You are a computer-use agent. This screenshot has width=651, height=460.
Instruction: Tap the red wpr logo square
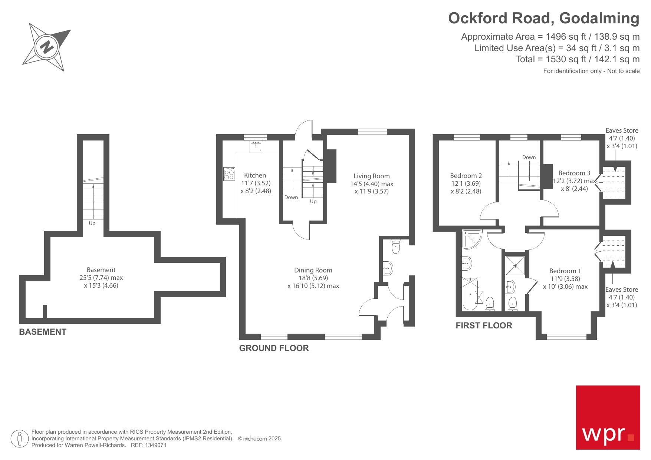[x=608, y=417]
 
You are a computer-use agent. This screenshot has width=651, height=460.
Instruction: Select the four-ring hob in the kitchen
[x=229, y=174]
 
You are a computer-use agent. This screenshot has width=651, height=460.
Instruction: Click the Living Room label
[x=371, y=176]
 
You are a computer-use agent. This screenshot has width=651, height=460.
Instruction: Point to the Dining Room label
[x=313, y=270]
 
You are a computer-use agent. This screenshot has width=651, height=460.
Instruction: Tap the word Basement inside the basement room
[x=101, y=270]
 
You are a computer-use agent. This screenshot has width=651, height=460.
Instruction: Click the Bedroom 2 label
[x=466, y=176]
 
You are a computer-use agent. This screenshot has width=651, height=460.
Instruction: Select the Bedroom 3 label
[x=574, y=173]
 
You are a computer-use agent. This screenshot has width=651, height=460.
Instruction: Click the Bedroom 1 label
[x=565, y=271]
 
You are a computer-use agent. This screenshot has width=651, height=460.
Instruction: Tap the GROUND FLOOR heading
[x=274, y=348]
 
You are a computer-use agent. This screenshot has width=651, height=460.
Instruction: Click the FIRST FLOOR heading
[x=484, y=325]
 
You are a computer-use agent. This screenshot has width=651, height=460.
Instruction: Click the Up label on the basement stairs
[x=92, y=223]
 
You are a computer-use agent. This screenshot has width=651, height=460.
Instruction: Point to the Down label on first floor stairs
[x=529, y=157]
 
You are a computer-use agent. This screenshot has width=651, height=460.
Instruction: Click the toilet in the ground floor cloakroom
[x=396, y=246]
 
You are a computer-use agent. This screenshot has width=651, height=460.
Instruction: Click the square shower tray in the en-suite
[x=515, y=266]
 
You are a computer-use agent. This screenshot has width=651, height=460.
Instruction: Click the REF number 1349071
[x=157, y=445]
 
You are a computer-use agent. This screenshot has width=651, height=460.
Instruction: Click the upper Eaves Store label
[x=622, y=130]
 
